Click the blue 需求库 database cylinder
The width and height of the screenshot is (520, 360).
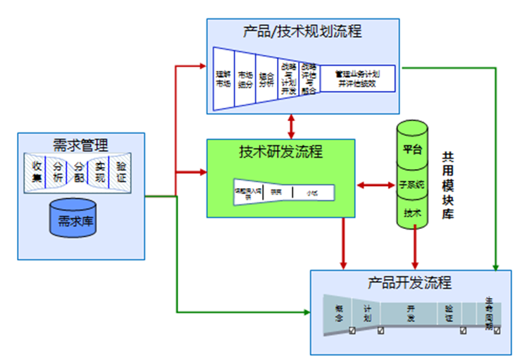[x=73, y=220]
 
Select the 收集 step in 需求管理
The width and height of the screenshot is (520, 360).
[x=37, y=171]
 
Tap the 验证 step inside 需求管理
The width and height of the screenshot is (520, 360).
[x=121, y=171]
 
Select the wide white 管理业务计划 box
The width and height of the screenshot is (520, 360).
[x=357, y=77]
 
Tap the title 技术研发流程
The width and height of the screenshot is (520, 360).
[x=280, y=151]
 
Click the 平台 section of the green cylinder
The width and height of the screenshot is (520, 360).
[x=412, y=149]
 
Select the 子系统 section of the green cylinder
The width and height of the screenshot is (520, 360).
[x=412, y=185]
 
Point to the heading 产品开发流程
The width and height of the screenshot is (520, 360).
[x=409, y=283]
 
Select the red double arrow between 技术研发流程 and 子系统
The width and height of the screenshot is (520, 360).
[x=376, y=185]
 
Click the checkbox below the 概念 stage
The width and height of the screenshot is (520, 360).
[x=352, y=331]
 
